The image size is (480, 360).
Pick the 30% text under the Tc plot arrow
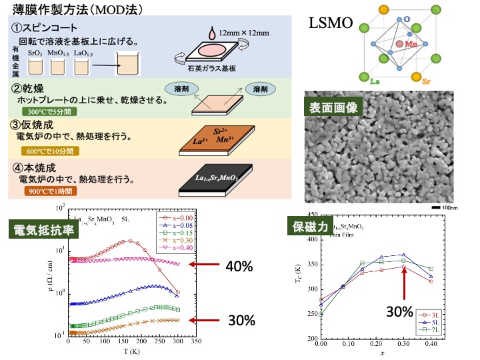[x=399, y=311]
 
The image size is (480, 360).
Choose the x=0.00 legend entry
[x=175, y=217]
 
